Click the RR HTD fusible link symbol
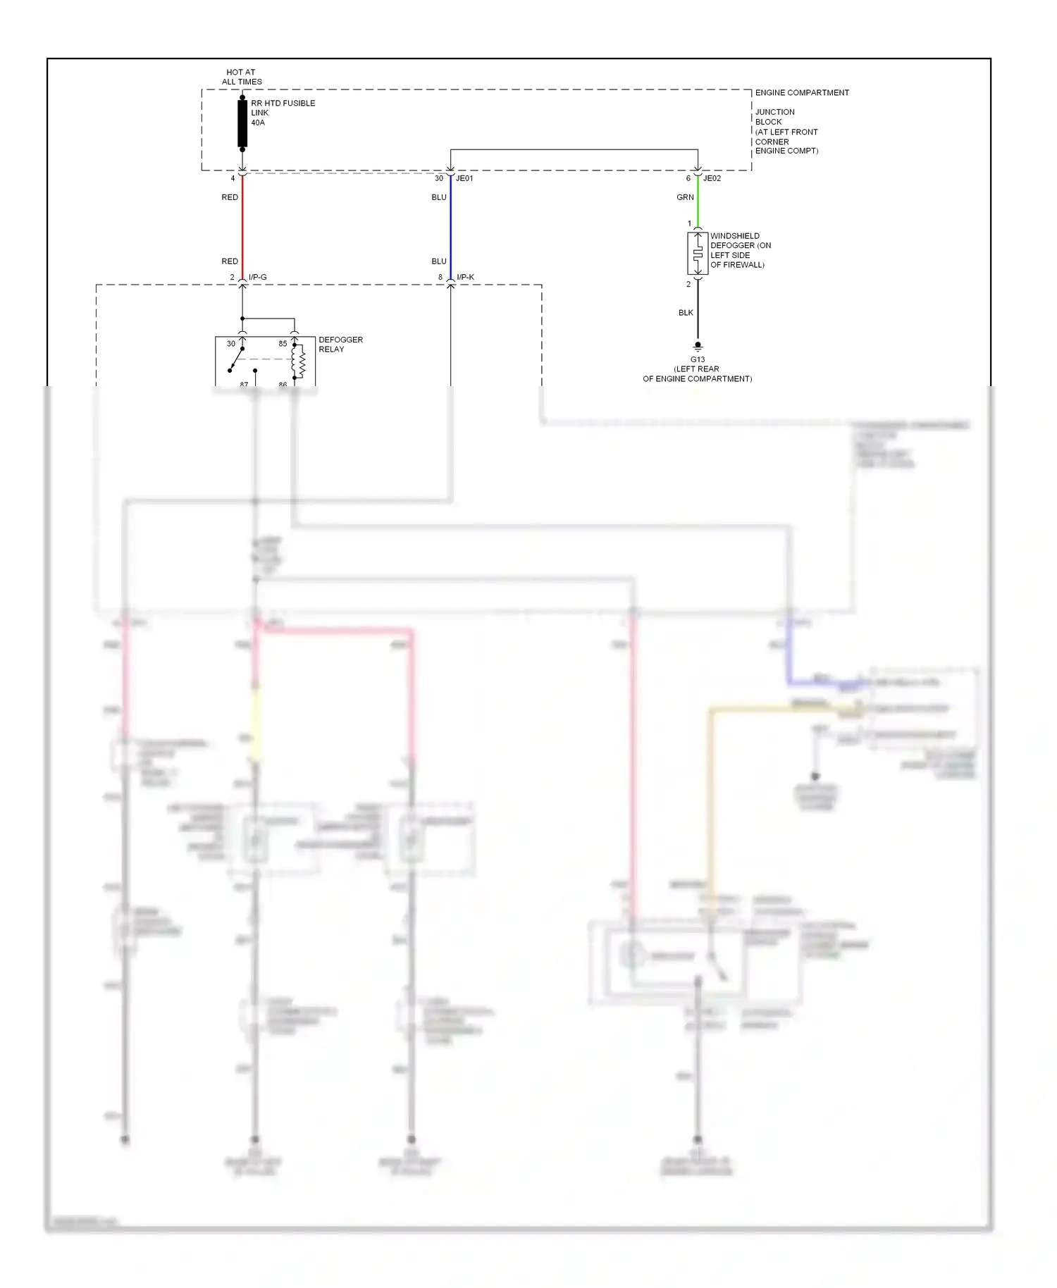click(x=242, y=124)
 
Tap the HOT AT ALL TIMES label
click(x=241, y=77)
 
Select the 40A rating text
click(x=258, y=123)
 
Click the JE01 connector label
click(x=464, y=178)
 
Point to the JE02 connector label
click(x=712, y=178)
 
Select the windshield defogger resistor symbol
click(x=698, y=254)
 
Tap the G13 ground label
click(x=697, y=359)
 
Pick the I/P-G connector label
click(x=257, y=277)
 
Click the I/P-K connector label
click(x=465, y=277)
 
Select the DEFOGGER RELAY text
click(x=340, y=345)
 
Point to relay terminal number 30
click(x=231, y=344)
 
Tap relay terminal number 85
click(x=283, y=344)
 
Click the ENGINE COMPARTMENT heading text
click(x=802, y=92)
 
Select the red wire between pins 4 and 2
click(x=242, y=225)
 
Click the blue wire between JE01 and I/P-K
click(x=450, y=225)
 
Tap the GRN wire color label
click(x=685, y=197)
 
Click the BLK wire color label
click(x=686, y=313)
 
